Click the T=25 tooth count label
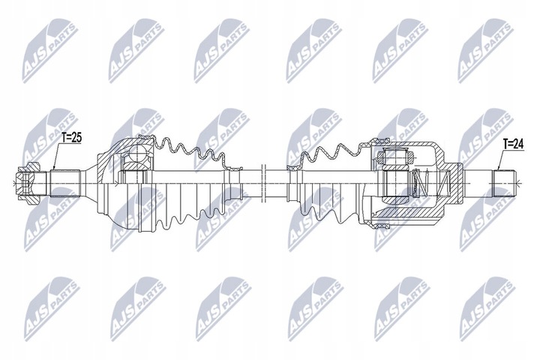pos(73,138)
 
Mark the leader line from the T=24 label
pos(501,160)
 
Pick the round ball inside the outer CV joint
pos(136,155)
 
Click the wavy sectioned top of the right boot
pos(330,153)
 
